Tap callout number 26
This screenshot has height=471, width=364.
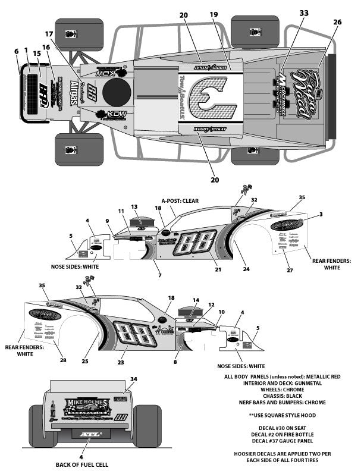[x=337, y=22]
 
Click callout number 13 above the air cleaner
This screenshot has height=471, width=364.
[x=134, y=206]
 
